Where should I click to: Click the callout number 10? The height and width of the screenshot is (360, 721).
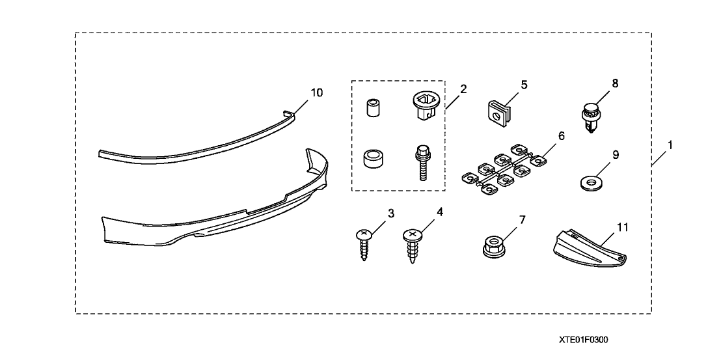[x=316, y=92]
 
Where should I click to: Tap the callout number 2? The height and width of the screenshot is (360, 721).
[x=463, y=89]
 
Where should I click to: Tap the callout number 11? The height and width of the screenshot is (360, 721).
[x=623, y=228]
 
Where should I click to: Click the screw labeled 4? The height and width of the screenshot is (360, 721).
[x=412, y=245]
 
